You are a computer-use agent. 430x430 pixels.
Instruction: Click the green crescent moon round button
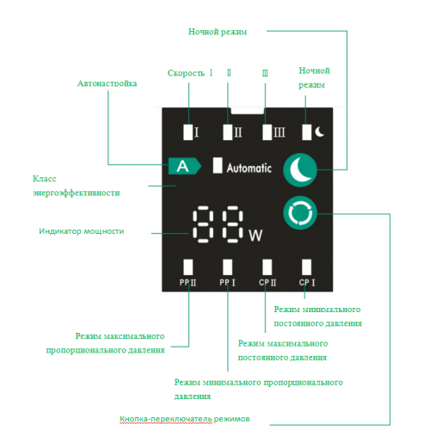(300, 170)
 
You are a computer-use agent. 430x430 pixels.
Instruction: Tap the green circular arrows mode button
(300, 213)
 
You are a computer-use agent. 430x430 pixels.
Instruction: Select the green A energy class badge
(185, 166)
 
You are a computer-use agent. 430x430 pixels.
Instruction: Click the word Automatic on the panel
(249, 168)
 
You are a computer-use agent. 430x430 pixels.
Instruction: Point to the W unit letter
(255, 236)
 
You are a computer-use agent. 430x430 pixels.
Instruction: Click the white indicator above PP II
(188, 267)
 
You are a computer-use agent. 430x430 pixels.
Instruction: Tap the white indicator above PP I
(228, 267)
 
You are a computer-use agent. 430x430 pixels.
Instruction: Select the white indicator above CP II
(267, 267)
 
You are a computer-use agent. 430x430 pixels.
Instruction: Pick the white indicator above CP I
(307, 267)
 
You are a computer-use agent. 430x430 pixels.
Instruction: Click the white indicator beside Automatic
(218, 165)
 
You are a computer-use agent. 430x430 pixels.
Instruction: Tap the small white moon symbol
(320, 132)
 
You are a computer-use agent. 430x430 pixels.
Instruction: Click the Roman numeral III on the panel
(279, 132)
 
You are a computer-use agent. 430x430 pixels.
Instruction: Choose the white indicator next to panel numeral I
(188, 132)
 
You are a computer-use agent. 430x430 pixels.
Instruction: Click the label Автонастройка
(107, 83)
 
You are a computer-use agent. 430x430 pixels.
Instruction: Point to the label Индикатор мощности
(82, 231)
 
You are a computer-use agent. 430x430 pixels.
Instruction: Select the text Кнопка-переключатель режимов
(185, 419)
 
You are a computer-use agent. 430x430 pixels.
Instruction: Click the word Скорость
(186, 73)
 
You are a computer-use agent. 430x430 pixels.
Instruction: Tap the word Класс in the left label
(45, 179)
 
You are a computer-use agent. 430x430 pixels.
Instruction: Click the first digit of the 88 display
(203, 224)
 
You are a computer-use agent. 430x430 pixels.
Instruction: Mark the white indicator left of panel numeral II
(228, 132)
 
